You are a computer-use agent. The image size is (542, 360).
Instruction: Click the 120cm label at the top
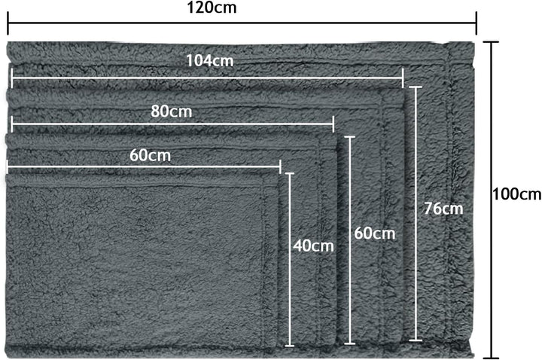tap(212, 8)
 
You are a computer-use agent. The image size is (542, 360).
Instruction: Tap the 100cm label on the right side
tap(516, 194)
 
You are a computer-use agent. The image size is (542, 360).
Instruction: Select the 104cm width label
tap(210, 61)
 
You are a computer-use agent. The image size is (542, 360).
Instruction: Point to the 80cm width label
tap(172, 111)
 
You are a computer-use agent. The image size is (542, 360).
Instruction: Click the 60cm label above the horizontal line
tap(151, 156)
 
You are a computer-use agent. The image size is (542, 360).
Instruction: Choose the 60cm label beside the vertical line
tap(375, 233)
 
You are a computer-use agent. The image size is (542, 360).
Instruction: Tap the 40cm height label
tap(313, 246)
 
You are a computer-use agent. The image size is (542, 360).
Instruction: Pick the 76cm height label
tap(444, 209)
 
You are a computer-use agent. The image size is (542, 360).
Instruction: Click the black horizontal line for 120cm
tap(242, 23)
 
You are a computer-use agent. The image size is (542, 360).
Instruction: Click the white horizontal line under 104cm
tap(208, 78)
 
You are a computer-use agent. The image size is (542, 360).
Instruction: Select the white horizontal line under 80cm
tap(172, 124)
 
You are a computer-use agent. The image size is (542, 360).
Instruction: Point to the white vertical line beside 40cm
tap(290, 259)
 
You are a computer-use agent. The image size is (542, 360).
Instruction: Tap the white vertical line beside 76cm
tap(416, 213)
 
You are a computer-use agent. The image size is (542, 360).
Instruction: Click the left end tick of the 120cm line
tap(8, 23)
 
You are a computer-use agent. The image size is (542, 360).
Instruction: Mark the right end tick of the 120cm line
tap(477, 23)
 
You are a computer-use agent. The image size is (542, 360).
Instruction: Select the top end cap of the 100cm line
tap(491, 42)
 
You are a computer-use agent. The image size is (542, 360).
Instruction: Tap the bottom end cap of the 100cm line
tap(491, 358)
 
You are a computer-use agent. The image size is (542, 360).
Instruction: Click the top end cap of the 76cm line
tap(416, 87)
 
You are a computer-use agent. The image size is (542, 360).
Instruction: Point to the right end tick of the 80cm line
tap(333, 124)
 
